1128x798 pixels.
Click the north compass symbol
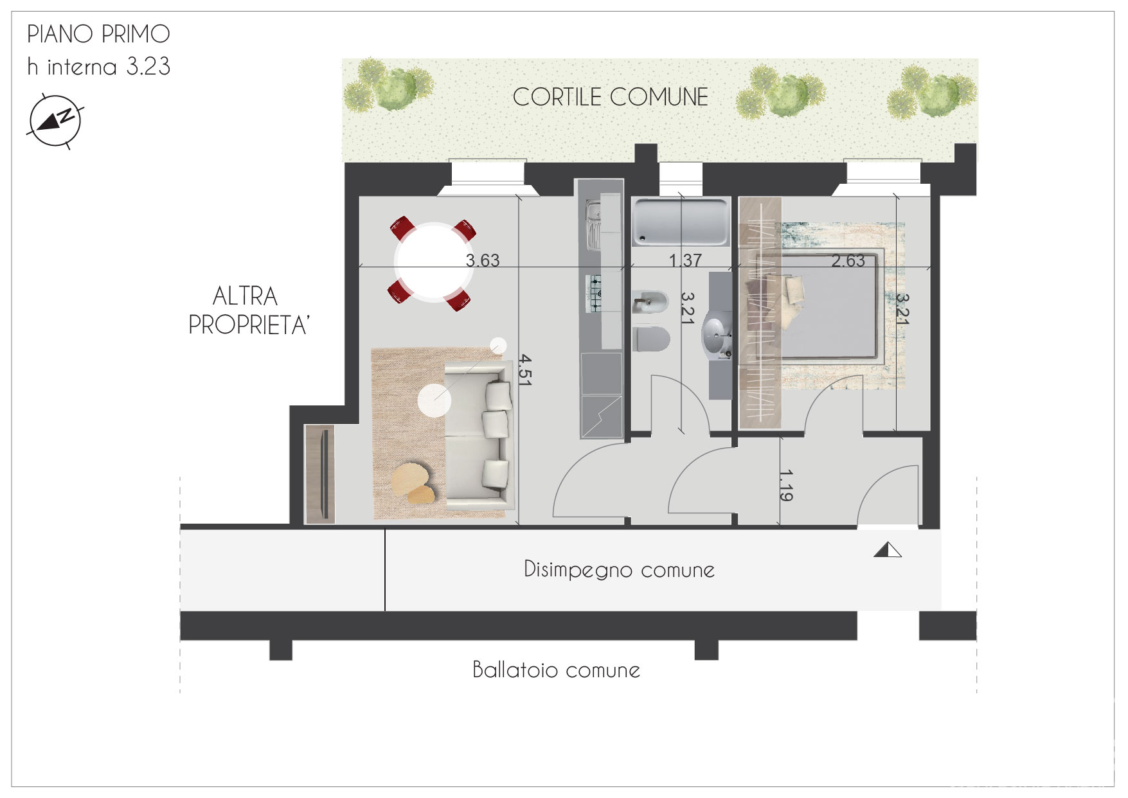tap(54, 121)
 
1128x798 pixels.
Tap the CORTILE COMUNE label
tap(610, 97)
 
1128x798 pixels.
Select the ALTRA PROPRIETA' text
tap(248, 311)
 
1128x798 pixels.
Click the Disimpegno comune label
tap(619, 569)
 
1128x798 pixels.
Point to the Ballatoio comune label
tap(556, 670)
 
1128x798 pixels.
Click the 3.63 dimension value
tap(482, 260)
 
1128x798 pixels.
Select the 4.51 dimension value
tap(525, 369)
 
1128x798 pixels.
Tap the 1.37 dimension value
tap(685, 260)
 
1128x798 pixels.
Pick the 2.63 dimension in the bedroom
tap(848, 260)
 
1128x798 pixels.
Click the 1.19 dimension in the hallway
tap(785, 485)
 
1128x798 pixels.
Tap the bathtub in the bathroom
tap(681, 222)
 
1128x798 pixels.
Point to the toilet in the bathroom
tap(651, 339)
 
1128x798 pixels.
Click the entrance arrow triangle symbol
tap(888, 550)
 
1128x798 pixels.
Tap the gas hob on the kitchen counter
tap(596, 293)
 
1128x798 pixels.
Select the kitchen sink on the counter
tap(593, 224)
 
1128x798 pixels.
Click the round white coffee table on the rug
tap(434, 400)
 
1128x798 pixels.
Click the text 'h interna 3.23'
tap(98, 66)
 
